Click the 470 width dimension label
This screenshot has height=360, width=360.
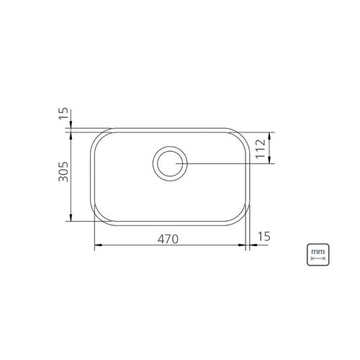[168, 239]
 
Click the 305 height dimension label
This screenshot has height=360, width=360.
[63, 171]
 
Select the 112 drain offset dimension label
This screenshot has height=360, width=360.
[261, 149]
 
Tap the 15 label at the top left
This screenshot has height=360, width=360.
[63, 114]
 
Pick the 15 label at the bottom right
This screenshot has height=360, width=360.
[264, 236]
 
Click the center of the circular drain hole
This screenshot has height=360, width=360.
[170, 163]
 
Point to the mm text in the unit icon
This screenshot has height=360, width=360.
[318, 252]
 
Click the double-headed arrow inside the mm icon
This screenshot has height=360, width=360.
[318, 258]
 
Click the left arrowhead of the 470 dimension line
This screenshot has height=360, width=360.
[99, 245]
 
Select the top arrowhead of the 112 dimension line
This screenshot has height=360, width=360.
[269, 136]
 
